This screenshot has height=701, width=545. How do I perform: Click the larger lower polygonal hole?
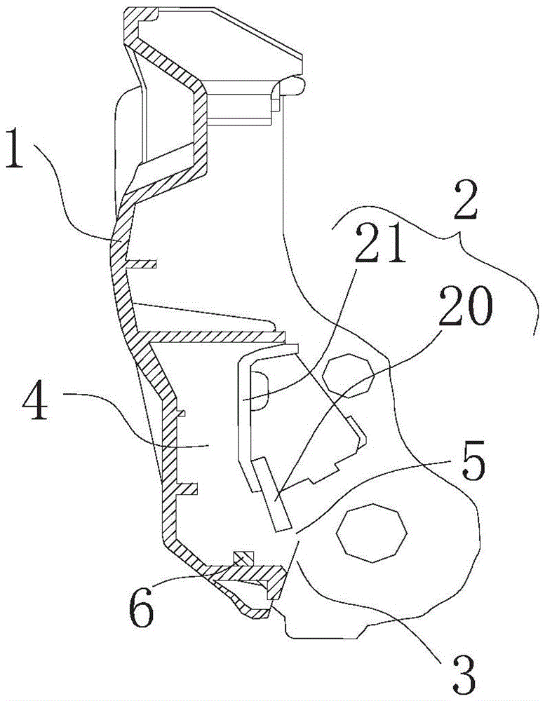(370, 531)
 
